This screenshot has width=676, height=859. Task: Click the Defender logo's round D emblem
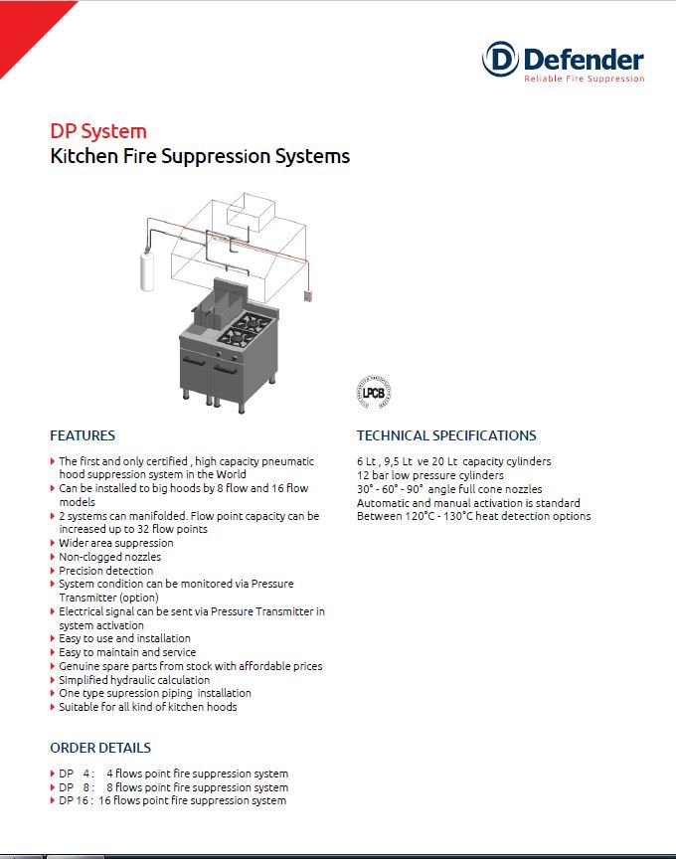(500, 59)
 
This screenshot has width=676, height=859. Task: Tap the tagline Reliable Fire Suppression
(585, 79)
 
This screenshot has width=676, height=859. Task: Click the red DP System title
(98, 131)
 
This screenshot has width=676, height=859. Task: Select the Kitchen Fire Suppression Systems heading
(200, 156)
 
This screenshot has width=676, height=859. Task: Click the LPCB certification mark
(373, 390)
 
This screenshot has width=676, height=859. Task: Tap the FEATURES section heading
(83, 435)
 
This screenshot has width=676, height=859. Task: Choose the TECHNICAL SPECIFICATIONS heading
(446, 435)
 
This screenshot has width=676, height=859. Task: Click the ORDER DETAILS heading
(100, 748)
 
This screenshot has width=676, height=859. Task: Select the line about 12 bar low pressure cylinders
(429, 475)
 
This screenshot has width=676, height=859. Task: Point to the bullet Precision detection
(105, 571)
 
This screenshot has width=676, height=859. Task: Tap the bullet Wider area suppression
(115, 543)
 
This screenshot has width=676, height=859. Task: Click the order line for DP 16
(172, 800)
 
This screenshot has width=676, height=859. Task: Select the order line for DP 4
(173, 773)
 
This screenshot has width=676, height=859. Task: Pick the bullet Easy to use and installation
(124, 638)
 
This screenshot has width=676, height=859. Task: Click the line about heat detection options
(473, 516)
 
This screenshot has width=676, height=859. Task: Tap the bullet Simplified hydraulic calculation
(134, 680)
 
